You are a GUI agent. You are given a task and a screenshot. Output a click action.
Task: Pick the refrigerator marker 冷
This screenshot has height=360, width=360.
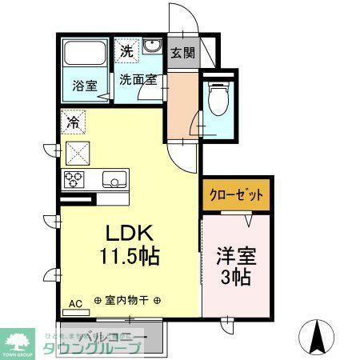pyautogui.click(x=73, y=124)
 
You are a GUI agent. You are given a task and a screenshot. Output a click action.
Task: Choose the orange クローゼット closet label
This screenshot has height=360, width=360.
pyautogui.click(x=236, y=194)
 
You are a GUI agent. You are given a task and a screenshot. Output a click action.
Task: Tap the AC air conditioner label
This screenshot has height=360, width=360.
pyautogui.click(x=75, y=303)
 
